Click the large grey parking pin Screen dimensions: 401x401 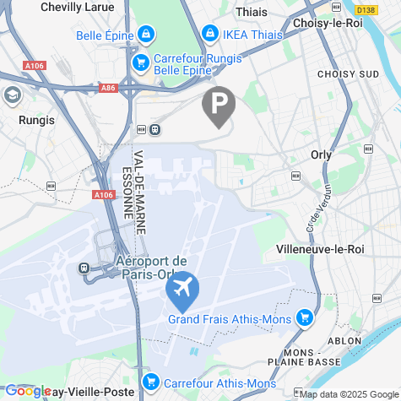coord(219,106)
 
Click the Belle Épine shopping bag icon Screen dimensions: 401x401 coord(147,35)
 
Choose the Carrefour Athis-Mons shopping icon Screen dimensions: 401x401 coord(151,382)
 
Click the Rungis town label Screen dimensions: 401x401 coord(35,120)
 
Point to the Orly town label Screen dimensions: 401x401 coord(321,154)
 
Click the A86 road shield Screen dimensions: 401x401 coord(108,88)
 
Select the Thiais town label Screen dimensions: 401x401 coord(252,12)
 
